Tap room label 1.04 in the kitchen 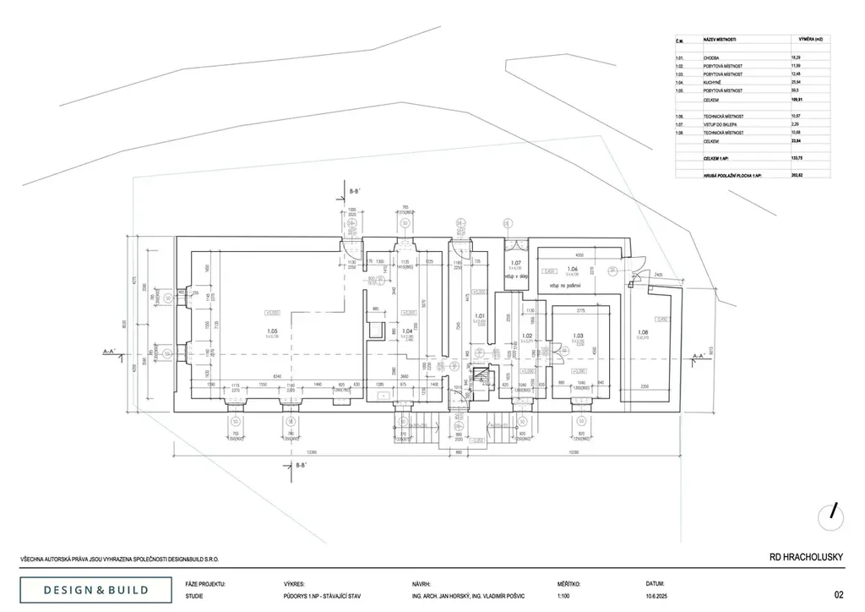pyautogui.click(x=406, y=331)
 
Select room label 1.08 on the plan pyautogui.click(x=642, y=331)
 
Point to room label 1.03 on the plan pyautogui.click(x=578, y=336)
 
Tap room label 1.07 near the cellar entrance pyautogui.click(x=516, y=263)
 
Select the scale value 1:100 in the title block pyautogui.click(x=564, y=596)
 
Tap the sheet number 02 pyautogui.click(x=838, y=594)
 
